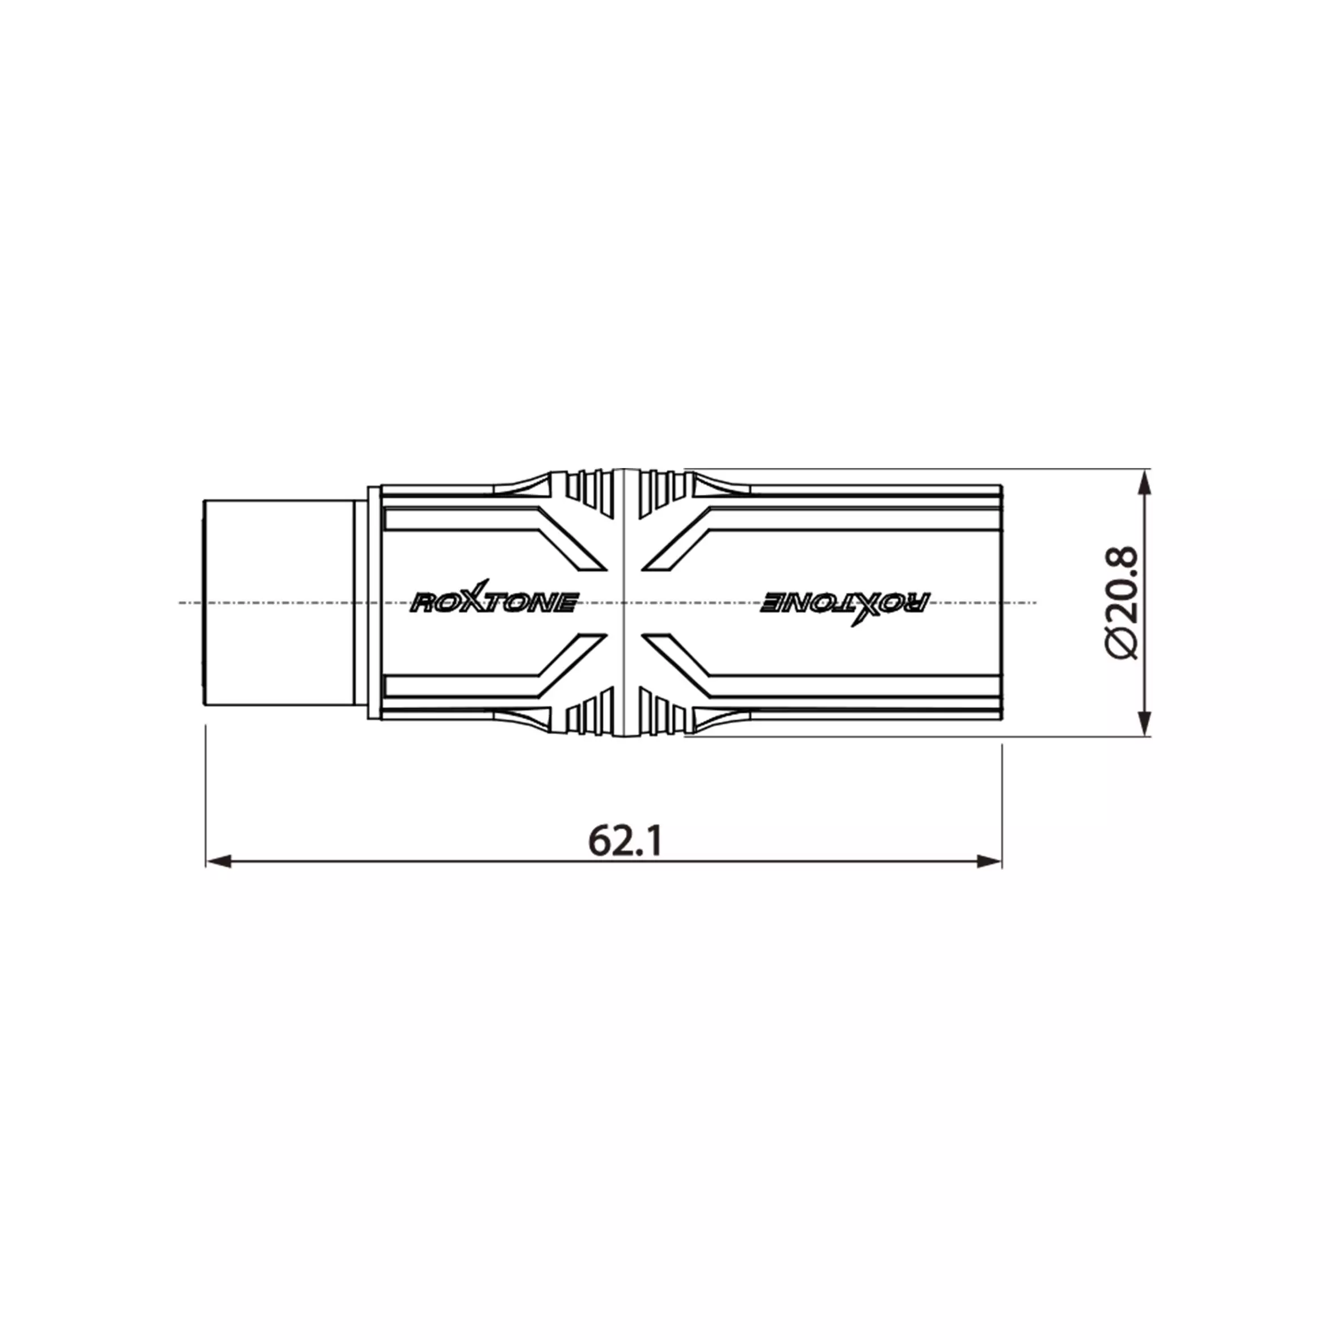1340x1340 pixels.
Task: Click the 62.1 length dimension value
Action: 625,841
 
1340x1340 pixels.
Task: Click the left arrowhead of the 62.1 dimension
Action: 218,861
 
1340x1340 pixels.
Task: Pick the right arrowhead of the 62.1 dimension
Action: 989,861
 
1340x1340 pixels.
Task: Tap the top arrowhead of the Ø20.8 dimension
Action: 1145,483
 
